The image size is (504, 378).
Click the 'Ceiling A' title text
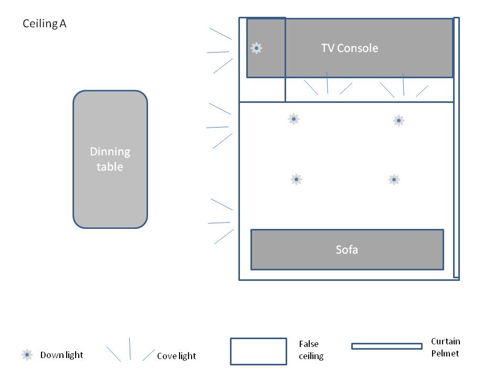click(45, 24)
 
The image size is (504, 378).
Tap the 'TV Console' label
click(350, 48)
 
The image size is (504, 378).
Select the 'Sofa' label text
click(346, 249)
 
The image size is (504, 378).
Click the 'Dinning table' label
click(110, 159)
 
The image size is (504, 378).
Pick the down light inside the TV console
click(256, 48)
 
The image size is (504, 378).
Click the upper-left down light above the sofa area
click(293, 119)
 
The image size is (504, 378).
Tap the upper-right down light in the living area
click(398, 121)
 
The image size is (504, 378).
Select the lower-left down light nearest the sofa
click(296, 180)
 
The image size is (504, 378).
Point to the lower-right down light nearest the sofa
click(394, 180)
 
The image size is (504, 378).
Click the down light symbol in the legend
click(27, 355)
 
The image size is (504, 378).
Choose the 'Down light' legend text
click(61, 355)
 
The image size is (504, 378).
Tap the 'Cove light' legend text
click(176, 356)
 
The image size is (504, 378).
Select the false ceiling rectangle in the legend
click(258, 351)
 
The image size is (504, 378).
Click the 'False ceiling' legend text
click(311, 350)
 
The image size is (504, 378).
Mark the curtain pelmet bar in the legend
click(386, 346)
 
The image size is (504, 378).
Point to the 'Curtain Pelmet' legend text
click(445, 347)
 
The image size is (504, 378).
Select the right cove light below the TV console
click(404, 87)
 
